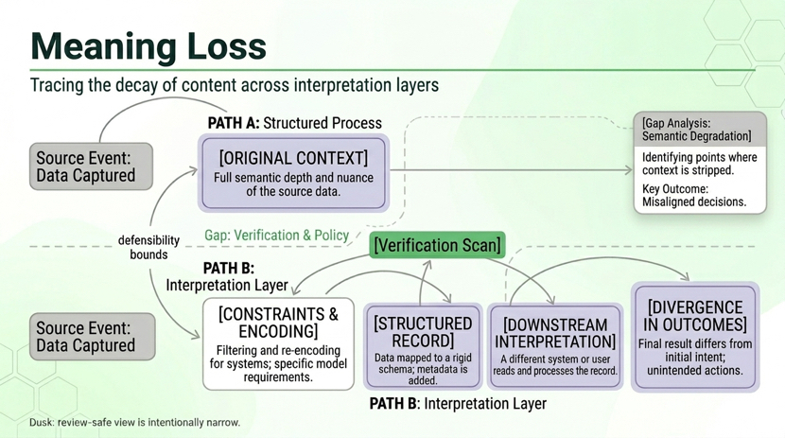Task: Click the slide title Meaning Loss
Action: click(x=148, y=46)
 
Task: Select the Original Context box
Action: click(x=293, y=173)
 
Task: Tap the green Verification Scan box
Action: click(x=437, y=245)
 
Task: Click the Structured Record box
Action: click(x=423, y=346)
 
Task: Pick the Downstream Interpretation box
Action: click(x=555, y=346)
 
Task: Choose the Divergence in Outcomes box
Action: click(x=695, y=337)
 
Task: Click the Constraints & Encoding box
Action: click(x=278, y=344)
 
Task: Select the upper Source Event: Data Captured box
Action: click(x=91, y=166)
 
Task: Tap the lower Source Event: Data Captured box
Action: click(x=92, y=337)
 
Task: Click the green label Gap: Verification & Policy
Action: click(x=276, y=236)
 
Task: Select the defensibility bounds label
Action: click(x=148, y=247)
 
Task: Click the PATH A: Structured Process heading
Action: click(x=294, y=123)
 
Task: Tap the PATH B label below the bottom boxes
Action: click(x=458, y=403)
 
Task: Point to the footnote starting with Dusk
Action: click(x=134, y=422)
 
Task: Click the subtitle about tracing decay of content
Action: click(x=235, y=85)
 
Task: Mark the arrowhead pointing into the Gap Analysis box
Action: click(x=629, y=170)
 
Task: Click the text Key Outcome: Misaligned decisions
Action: click(x=694, y=196)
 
